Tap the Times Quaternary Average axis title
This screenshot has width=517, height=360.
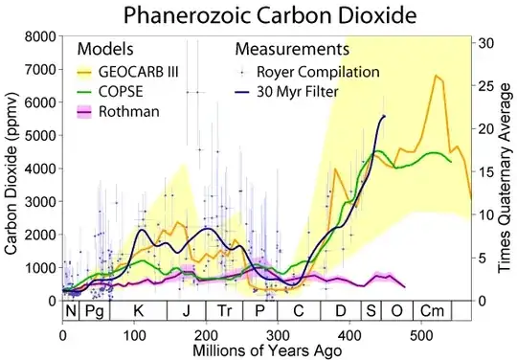[506, 169]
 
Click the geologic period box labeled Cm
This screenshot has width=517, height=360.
[433, 311]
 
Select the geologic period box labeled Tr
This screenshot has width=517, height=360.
[224, 311]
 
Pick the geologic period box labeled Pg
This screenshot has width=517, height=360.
[94, 311]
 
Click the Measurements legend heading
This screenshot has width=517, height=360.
[292, 48]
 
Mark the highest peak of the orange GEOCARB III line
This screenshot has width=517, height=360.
[437, 76]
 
